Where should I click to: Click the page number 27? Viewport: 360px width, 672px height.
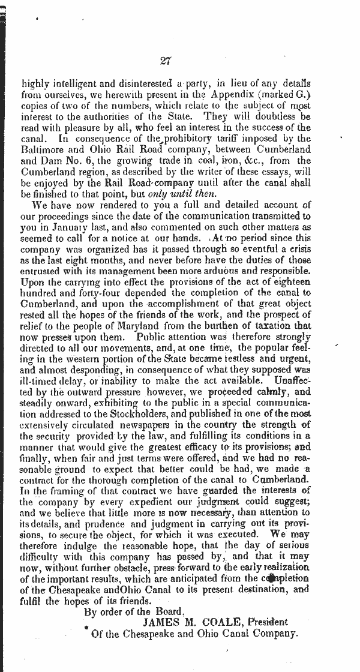166,60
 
